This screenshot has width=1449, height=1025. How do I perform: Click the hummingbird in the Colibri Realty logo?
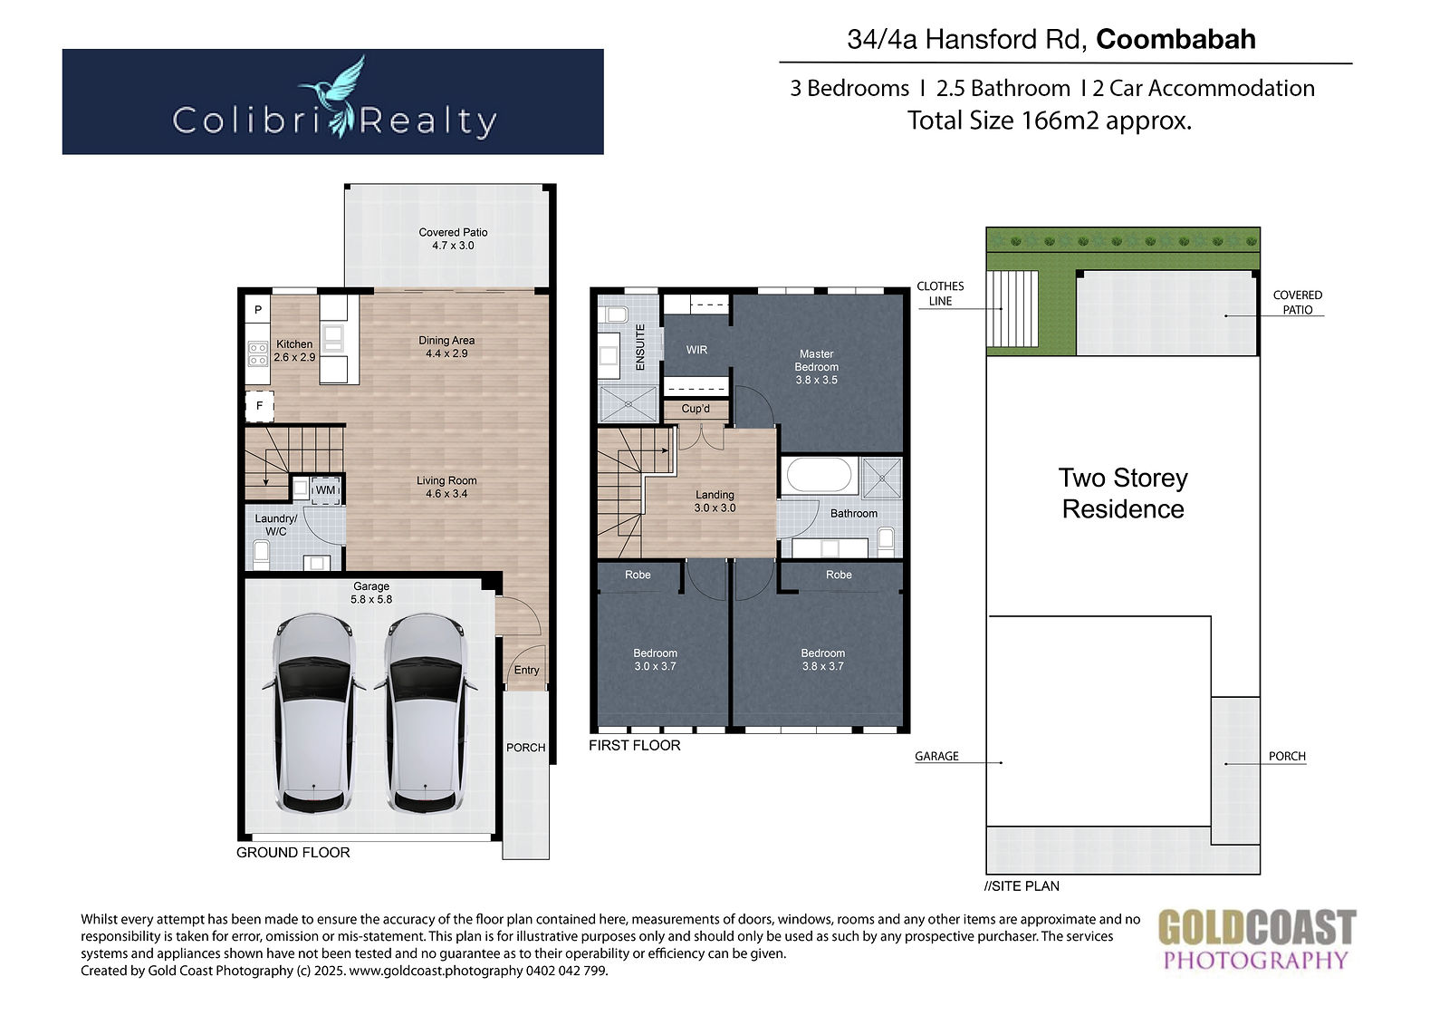[x=337, y=96]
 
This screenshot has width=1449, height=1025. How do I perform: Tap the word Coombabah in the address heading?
[x=1176, y=40]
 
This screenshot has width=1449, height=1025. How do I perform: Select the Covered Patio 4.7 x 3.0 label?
[x=453, y=238]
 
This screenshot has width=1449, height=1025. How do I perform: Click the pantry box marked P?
[x=257, y=310]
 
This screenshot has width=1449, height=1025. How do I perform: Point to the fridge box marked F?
[x=259, y=406]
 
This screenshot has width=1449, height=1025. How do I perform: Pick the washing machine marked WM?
[x=325, y=489]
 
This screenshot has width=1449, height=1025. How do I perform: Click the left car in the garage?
[x=314, y=713]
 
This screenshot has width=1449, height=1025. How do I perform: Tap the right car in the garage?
[x=426, y=713]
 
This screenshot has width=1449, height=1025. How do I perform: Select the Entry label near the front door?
[x=526, y=670]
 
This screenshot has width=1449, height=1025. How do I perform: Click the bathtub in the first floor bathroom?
[x=819, y=475]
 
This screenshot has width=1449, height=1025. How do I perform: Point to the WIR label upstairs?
[x=696, y=350]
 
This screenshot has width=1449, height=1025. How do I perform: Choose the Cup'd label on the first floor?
[x=696, y=409]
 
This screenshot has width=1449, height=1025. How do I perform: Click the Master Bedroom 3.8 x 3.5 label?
[x=816, y=366]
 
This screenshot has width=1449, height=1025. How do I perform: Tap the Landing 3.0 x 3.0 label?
[x=715, y=501]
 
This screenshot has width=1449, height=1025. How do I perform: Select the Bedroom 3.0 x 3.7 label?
[x=656, y=659]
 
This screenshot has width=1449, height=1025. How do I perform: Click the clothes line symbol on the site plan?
[x=1012, y=309]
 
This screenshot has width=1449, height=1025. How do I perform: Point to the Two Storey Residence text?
[x=1123, y=493]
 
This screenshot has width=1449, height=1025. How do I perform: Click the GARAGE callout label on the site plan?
[x=936, y=756]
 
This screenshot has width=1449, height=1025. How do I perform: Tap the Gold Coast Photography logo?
[x=1256, y=940]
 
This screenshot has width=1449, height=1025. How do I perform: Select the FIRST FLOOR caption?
[x=635, y=745]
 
